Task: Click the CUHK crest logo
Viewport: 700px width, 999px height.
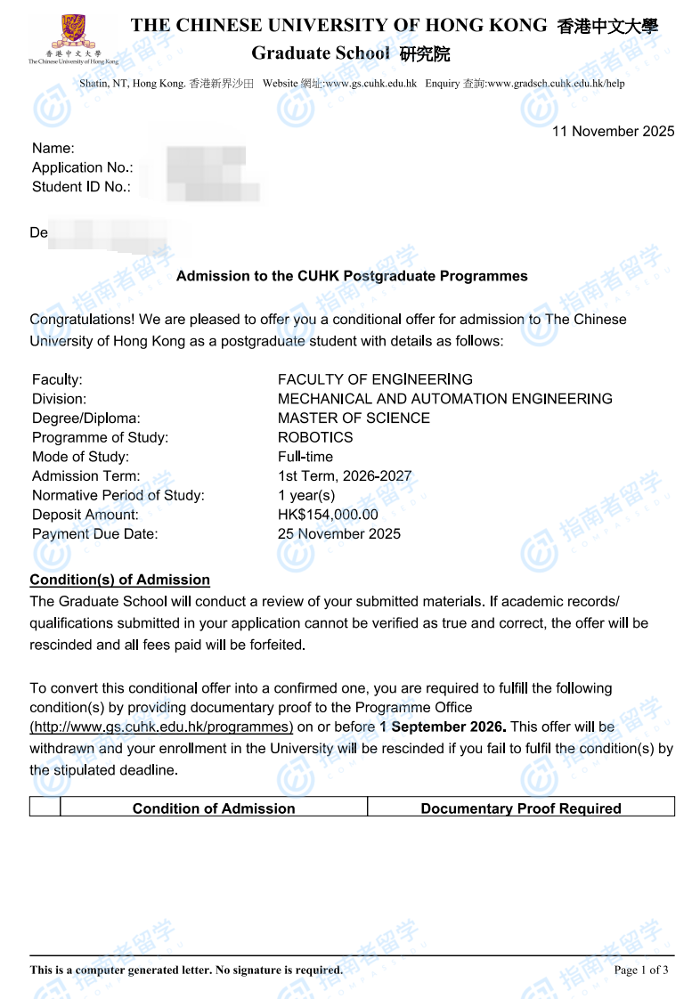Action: pyautogui.click(x=72, y=33)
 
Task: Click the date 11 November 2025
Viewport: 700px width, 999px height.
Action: pyautogui.click(x=613, y=132)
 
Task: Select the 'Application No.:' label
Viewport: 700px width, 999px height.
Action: pyautogui.click(x=82, y=167)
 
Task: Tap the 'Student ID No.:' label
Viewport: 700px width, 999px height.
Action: pyautogui.click(x=81, y=187)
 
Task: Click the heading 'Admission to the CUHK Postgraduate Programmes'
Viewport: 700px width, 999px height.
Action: pyautogui.click(x=352, y=276)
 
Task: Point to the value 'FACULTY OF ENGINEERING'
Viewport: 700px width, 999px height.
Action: pyautogui.click(x=375, y=379)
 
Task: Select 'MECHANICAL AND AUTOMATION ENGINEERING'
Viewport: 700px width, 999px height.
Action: pyautogui.click(x=444, y=399)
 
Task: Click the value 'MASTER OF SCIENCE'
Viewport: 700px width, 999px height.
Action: pyautogui.click(x=354, y=418)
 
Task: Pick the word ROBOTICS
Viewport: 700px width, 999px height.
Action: pyautogui.click(x=315, y=437)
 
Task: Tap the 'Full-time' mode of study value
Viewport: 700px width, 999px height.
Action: pyautogui.click(x=305, y=457)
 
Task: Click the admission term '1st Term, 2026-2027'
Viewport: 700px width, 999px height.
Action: pyautogui.click(x=345, y=476)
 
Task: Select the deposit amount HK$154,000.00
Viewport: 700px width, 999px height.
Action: pyautogui.click(x=328, y=515)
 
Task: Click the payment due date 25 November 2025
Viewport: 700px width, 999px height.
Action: pyautogui.click(x=339, y=534)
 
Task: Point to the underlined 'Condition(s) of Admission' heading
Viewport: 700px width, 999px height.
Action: pyautogui.click(x=120, y=581)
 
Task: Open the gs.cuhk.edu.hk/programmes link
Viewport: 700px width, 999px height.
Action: pyautogui.click(x=161, y=727)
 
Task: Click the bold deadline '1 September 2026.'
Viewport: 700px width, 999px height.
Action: pyautogui.click(x=443, y=727)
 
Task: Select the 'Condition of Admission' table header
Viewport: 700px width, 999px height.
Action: pyautogui.click(x=214, y=808)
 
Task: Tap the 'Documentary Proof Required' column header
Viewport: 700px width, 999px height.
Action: pyautogui.click(x=521, y=808)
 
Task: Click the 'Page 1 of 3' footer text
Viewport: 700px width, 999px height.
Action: pyautogui.click(x=640, y=970)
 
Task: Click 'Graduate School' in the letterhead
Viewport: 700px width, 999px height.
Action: pyautogui.click(x=321, y=53)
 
